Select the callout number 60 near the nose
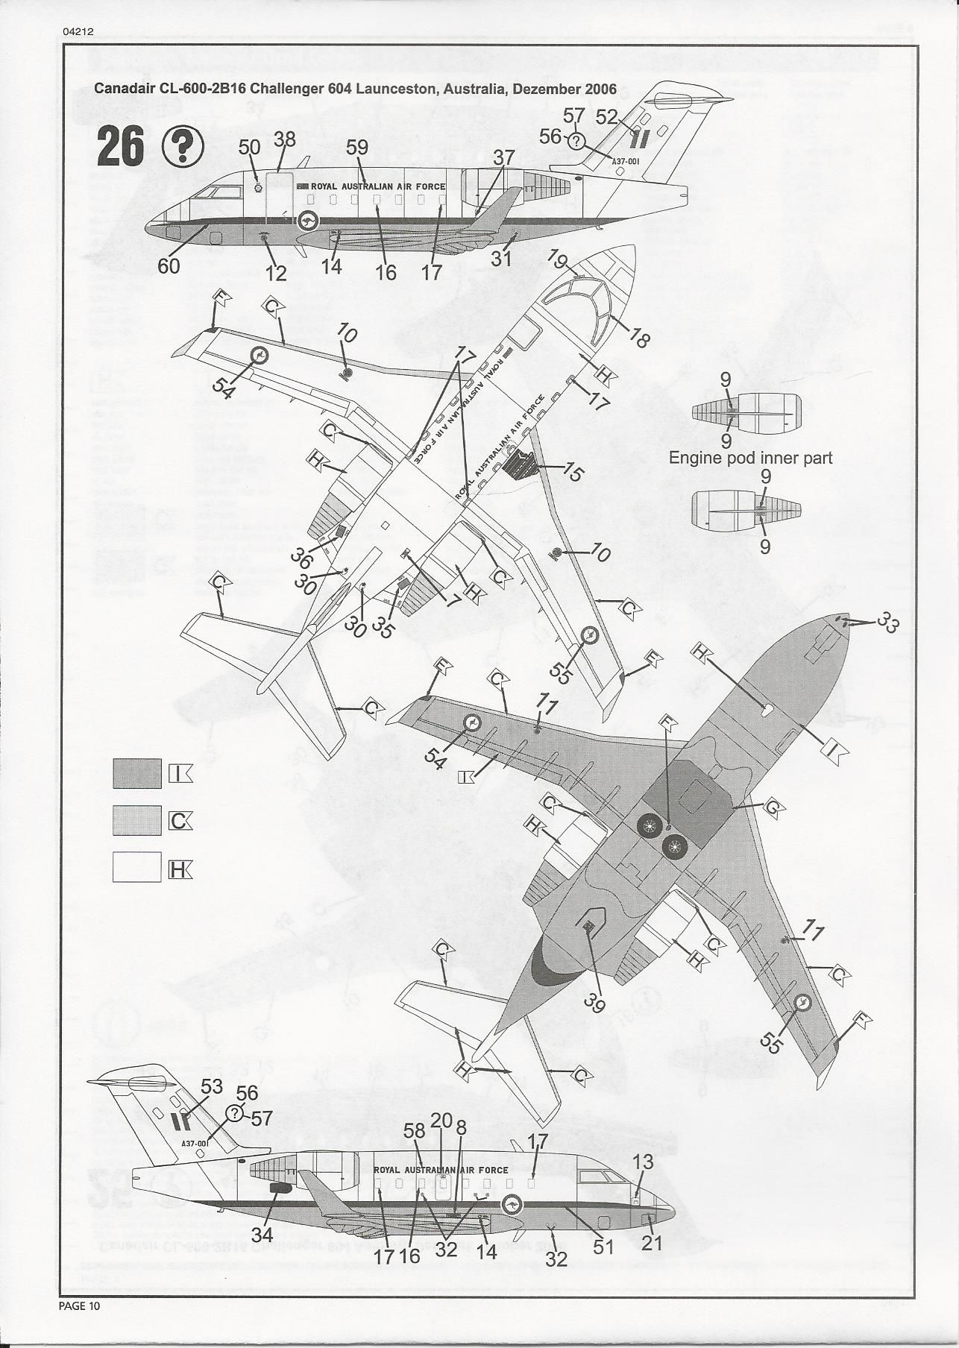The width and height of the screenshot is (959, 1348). [169, 265]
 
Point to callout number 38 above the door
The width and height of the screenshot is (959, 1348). [285, 139]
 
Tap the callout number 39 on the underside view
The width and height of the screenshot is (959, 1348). [594, 1004]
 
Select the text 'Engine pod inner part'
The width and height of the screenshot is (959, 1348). [750, 458]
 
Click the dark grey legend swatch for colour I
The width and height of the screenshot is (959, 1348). [137, 773]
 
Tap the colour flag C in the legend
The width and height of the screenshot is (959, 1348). [180, 821]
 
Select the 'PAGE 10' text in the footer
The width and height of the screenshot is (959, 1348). [78, 1306]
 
